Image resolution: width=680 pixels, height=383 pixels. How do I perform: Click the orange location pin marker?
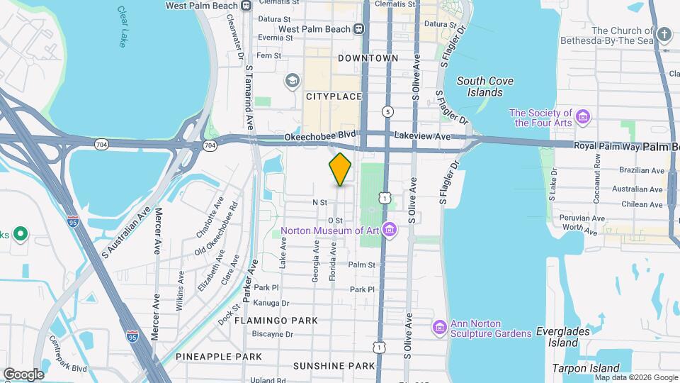point(340,169)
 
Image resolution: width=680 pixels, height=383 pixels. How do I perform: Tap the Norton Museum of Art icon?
point(388,229)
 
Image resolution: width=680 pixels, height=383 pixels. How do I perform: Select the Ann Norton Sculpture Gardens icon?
point(439,327)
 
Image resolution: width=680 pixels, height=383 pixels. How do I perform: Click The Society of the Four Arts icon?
point(584,117)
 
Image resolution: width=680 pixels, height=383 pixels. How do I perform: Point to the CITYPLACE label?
point(334,96)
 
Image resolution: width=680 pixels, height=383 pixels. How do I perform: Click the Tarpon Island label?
point(586,368)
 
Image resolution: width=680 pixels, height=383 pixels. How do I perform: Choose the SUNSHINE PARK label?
point(334,366)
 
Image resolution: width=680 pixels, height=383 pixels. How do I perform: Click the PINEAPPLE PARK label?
point(219,356)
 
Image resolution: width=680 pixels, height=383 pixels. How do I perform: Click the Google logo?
point(23,374)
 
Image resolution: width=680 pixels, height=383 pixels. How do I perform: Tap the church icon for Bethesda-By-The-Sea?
point(664,34)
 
